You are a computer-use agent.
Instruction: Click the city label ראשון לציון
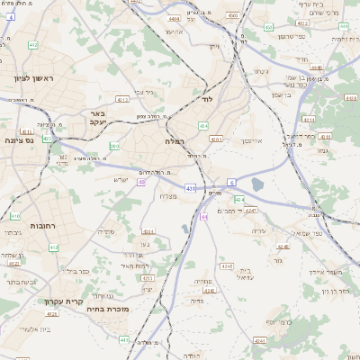[33, 79]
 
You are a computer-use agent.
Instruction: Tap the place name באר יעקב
[99, 119]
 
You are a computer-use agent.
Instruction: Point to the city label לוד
[207, 99]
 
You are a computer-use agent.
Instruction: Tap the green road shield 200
[114, 146]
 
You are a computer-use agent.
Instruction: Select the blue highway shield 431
[191, 188]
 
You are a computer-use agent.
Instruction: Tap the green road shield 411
[52, 247]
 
